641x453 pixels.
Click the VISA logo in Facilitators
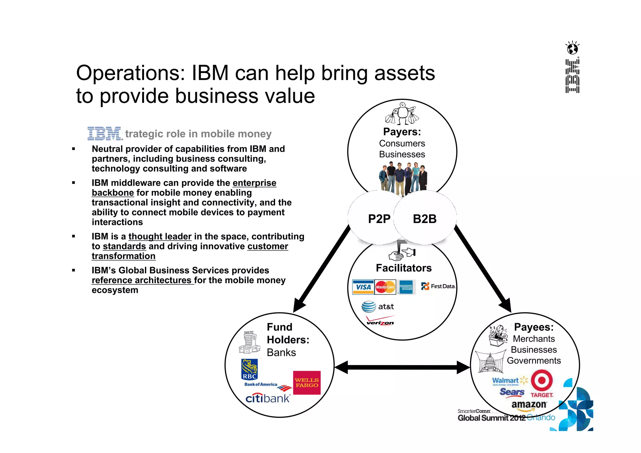(363, 287)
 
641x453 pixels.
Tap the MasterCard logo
(385, 287)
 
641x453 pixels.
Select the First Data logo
(438, 286)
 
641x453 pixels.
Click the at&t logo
(377, 307)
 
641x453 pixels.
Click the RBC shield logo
(249, 369)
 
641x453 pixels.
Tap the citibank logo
(268, 398)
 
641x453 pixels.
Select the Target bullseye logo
(542, 381)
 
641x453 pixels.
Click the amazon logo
(529, 405)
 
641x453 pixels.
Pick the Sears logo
(512, 392)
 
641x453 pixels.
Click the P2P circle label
(379, 219)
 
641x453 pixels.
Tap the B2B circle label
(424, 219)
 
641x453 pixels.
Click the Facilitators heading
(404, 268)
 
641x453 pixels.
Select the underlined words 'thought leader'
(160, 237)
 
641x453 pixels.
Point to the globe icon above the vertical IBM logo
(572, 48)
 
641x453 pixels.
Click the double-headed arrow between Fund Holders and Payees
(402, 367)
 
